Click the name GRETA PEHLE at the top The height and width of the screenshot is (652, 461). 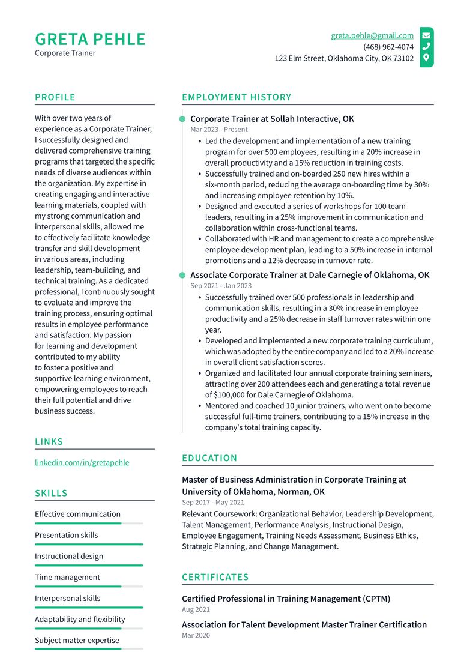tap(90, 39)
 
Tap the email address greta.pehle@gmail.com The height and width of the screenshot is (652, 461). tap(372, 35)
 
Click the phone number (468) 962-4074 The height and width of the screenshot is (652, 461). tap(388, 47)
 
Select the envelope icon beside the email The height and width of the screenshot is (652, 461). tap(426, 35)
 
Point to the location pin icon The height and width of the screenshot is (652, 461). tap(426, 58)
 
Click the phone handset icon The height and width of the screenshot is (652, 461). tap(426, 47)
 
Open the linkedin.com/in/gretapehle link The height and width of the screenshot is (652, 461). tap(82, 462)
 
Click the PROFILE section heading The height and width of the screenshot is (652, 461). tap(55, 97)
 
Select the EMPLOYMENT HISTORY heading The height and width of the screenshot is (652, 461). tap(237, 97)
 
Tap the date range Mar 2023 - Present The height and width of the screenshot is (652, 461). tap(218, 130)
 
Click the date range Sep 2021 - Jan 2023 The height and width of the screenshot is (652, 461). tap(221, 286)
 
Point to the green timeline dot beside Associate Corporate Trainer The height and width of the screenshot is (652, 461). tap(182, 275)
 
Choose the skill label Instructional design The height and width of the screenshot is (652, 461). tap(69, 556)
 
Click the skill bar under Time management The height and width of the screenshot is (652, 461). tap(89, 587)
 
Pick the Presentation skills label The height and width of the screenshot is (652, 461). tap(66, 535)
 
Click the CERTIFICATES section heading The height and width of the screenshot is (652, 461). tap(215, 577)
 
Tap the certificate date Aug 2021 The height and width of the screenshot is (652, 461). tap(196, 609)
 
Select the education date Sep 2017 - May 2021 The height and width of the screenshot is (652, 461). tap(213, 503)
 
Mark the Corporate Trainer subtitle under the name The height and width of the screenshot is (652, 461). tap(65, 53)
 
